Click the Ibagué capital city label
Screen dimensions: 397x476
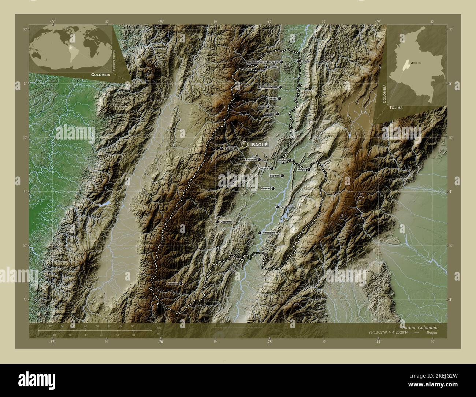click(259, 145)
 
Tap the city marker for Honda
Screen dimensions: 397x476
click(299, 61)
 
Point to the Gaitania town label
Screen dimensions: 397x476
click(172, 284)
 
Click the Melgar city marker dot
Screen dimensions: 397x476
click(309, 170)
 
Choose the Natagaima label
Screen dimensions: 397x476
click(269, 233)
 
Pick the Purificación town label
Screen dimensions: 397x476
click(287, 207)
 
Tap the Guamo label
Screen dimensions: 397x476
click(265, 189)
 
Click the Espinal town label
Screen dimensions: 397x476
click(274, 176)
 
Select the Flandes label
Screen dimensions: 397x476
click(281, 160)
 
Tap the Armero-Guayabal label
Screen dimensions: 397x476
click(267, 87)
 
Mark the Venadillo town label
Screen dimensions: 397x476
click(269, 114)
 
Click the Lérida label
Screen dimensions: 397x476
click(272, 99)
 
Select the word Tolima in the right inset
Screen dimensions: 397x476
click(396, 108)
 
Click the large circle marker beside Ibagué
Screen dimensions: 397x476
click(245, 145)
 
